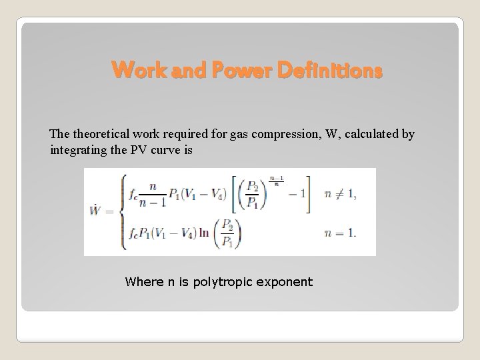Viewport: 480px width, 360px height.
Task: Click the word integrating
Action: [x=78, y=150]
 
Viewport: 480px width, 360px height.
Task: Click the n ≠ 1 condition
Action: [x=339, y=194]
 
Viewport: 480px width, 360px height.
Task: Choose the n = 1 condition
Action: [x=339, y=234]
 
